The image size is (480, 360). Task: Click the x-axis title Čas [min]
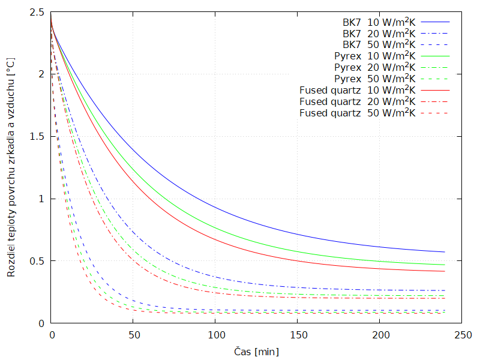tap(256, 351)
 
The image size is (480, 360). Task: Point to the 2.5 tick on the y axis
tap(37, 13)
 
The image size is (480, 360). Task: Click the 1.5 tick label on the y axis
tap(37, 137)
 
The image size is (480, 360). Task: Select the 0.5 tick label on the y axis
tap(37, 261)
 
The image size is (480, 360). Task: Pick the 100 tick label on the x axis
tap(215, 334)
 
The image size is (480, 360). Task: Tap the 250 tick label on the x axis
tap(461, 334)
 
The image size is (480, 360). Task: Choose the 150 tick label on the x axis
tap(298, 334)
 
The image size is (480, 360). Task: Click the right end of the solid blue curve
tap(445, 252)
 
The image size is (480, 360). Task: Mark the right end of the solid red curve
tap(445, 271)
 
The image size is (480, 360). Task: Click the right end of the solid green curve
tap(445, 265)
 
